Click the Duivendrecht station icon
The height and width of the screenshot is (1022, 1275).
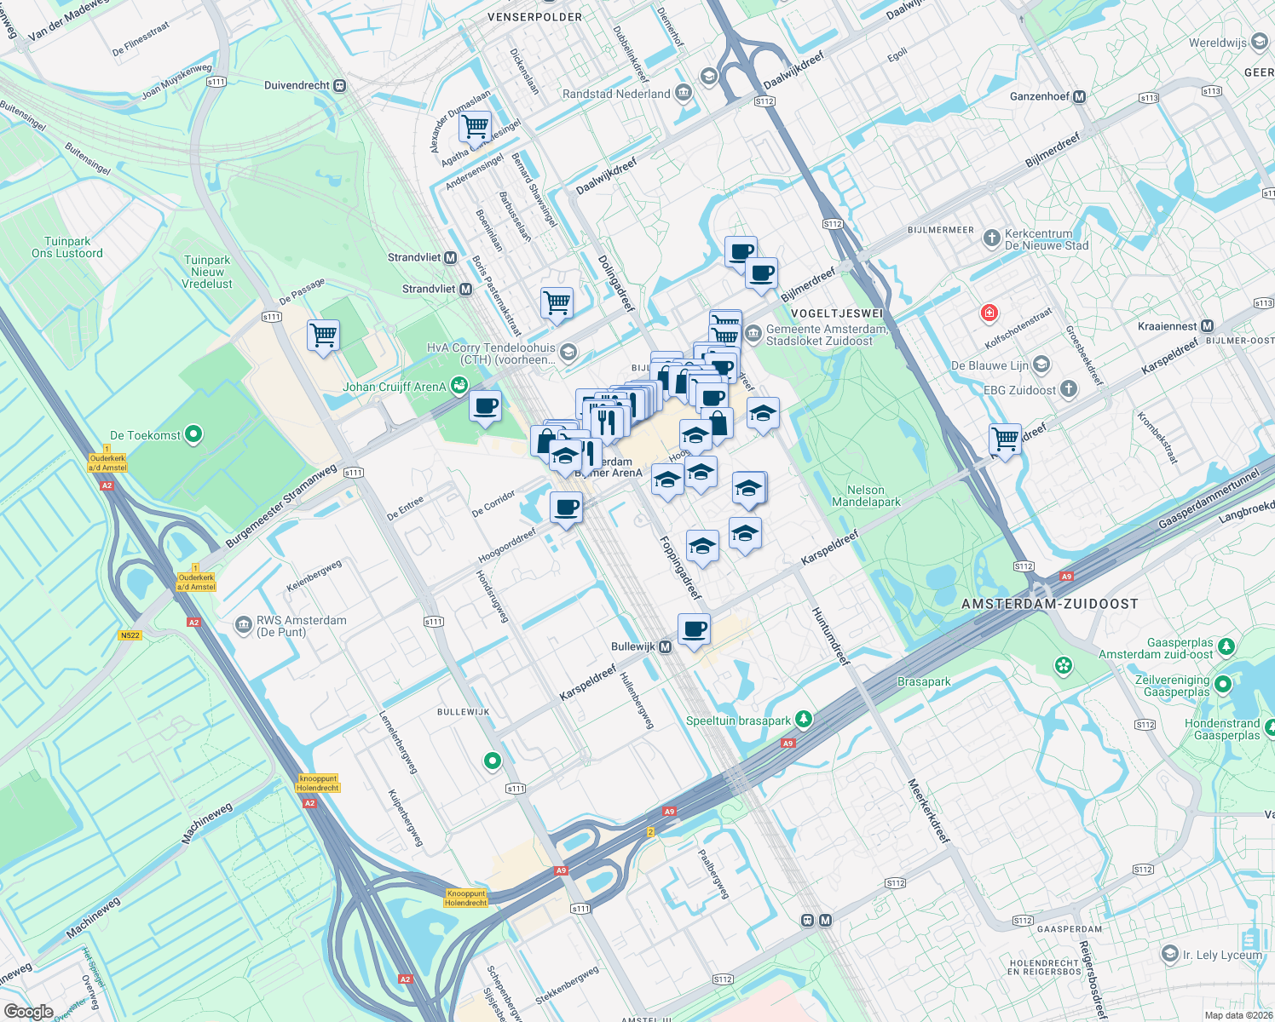[x=340, y=85]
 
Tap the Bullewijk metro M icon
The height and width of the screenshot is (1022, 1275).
[x=666, y=647]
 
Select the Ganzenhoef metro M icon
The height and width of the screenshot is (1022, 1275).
[x=1080, y=97]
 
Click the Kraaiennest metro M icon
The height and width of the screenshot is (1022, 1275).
[x=1207, y=326]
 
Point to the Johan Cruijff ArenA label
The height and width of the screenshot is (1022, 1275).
[x=395, y=387]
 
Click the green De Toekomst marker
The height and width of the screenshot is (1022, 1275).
[x=193, y=435]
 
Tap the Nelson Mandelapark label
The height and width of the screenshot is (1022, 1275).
[x=866, y=496]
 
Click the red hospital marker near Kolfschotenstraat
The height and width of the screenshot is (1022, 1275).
[x=989, y=313]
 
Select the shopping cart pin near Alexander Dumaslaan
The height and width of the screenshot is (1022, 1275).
[x=475, y=127]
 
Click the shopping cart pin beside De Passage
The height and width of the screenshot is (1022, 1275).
[x=324, y=336]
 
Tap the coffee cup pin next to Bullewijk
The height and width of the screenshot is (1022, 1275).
[x=695, y=630]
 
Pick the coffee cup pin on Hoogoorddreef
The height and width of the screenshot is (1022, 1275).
[x=567, y=508]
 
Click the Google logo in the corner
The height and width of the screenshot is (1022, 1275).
[x=28, y=1012]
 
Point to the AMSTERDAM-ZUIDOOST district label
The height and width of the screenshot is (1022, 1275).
[x=1049, y=604]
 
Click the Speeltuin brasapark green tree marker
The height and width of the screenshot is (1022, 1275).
[x=803, y=721]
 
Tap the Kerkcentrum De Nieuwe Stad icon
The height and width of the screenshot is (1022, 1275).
[x=991, y=238]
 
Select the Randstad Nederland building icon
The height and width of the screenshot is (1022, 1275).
[x=683, y=94]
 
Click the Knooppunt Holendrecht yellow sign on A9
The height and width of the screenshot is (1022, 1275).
[x=465, y=898]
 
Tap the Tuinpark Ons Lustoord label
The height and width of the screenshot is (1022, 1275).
[x=67, y=247]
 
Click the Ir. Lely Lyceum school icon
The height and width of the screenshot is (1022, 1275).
[x=1171, y=955]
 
